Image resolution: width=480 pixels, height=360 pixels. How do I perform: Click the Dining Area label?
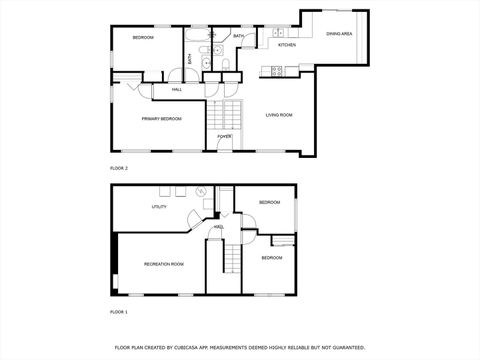tap(339, 34)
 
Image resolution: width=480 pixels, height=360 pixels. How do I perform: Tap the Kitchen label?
tap(287, 45)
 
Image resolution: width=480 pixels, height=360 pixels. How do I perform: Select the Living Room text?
tap(279, 115)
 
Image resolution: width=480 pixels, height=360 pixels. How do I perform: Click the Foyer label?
tap(225, 136)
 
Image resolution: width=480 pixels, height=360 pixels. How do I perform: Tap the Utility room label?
tap(159, 207)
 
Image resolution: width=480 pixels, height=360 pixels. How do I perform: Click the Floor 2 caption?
tap(119, 168)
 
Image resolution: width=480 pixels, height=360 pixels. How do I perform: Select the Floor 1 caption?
tap(119, 312)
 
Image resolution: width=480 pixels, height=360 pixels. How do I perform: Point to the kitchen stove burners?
tap(277, 69)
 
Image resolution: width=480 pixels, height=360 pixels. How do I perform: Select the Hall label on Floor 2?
tap(176, 89)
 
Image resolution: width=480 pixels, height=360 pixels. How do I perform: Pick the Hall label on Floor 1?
tap(218, 227)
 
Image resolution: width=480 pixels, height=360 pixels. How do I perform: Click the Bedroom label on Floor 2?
tap(144, 37)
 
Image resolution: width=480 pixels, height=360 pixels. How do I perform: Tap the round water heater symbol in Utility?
tap(200, 191)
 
